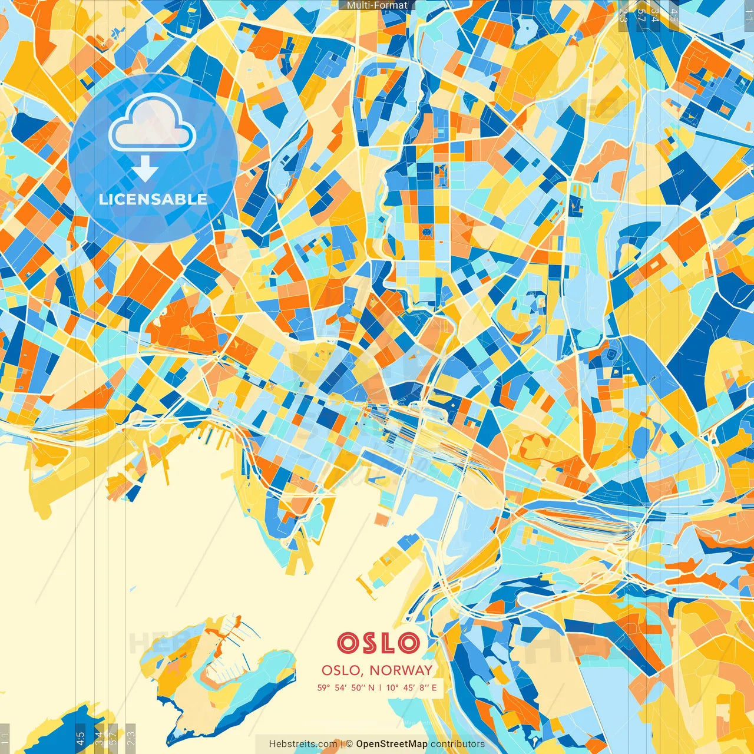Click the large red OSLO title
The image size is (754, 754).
[379, 643]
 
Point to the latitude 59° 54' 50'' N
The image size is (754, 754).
[345, 687]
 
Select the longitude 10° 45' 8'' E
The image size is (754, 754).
[412, 687]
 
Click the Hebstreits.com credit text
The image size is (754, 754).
[303, 744]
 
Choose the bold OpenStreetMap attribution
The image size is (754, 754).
[391, 744]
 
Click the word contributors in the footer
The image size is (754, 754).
[458, 744]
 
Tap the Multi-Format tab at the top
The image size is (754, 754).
[377, 5]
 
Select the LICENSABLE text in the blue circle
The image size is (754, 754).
[153, 199]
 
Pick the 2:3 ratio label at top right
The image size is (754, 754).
[623, 15]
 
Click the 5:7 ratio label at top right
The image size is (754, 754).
[641, 15]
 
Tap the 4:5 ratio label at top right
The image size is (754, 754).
[674, 15]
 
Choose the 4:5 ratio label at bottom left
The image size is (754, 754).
[80, 738]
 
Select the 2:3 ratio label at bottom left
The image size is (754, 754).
[131, 738]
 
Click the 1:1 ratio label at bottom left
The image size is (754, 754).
[5, 738]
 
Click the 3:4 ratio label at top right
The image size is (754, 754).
[655, 15]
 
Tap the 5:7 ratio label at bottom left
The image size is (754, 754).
[113, 738]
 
